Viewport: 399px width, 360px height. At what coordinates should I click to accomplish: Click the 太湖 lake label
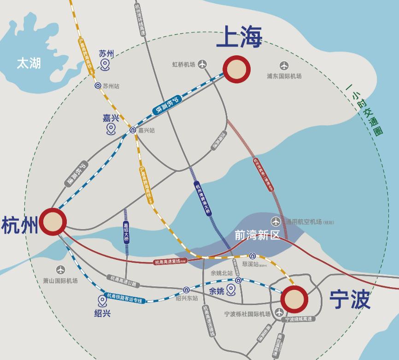(29, 63)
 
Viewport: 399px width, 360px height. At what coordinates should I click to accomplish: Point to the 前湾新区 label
(257, 235)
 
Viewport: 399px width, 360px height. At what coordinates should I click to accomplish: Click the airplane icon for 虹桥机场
(202, 65)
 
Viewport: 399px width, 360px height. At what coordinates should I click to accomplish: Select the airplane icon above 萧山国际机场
(60, 270)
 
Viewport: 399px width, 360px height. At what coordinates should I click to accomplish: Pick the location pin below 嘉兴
(111, 129)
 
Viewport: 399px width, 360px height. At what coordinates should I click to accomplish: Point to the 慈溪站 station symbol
(252, 256)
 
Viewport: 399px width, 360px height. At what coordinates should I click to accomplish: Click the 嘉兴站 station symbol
(133, 130)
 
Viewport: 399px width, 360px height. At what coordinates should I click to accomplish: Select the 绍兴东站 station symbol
(186, 290)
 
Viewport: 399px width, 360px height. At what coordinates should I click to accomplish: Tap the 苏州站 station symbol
(98, 85)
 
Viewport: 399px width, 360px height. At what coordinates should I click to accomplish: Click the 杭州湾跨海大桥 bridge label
(201, 198)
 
